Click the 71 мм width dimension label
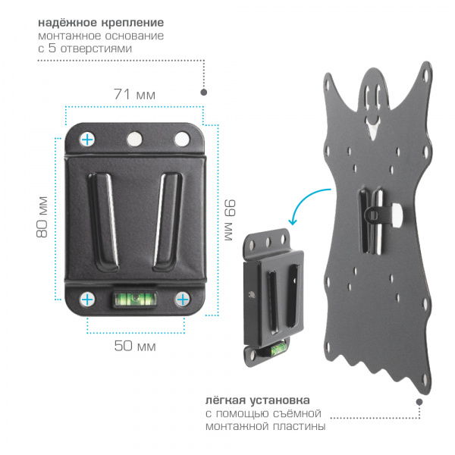(x=134, y=94)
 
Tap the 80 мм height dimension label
(x=42, y=217)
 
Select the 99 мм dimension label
(x=230, y=220)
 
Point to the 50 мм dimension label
(x=135, y=345)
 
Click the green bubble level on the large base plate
(x=134, y=300)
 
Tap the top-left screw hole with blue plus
(x=87, y=140)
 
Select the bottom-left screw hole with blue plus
(x=87, y=300)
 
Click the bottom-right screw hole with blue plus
(x=183, y=300)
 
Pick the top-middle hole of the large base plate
(x=135, y=139)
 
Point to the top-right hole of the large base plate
(x=182, y=139)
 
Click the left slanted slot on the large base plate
(x=103, y=221)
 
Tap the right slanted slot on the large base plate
(x=168, y=221)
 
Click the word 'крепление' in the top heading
(x=132, y=23)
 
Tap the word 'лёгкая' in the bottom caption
(x=225, y=400)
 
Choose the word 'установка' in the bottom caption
(x=280, y=400)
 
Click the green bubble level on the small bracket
(x=277, y=350)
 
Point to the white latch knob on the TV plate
(x=396, y=215)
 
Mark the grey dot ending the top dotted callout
(x=204, y=92)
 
